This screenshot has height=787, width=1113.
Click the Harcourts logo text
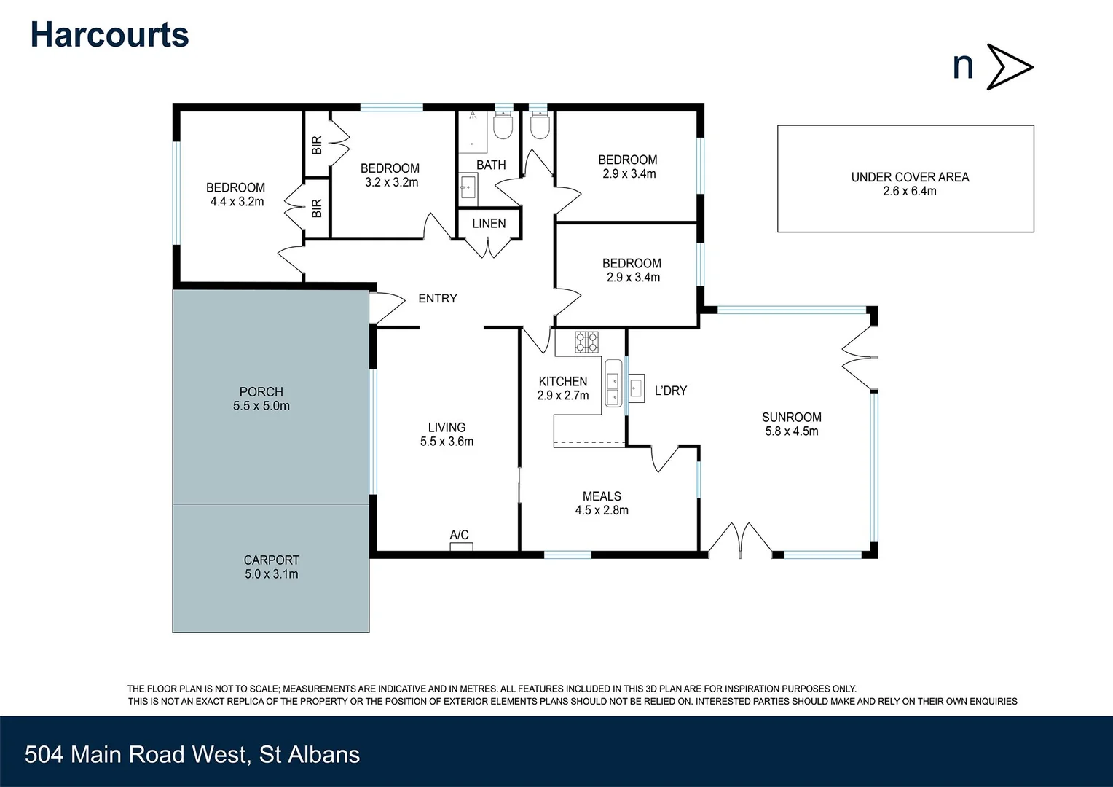pos(109,35)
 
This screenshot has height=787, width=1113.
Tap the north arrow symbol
pos(1009,67)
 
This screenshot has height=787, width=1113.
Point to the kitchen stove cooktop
pos(586,342)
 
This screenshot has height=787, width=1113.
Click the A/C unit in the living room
pos(461,546)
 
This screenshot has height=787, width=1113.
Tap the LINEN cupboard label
pos(489,224)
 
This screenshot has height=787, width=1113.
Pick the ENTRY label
pos(438,299)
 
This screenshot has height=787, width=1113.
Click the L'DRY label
pos(670,391)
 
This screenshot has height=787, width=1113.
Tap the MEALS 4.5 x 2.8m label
pos(602,504)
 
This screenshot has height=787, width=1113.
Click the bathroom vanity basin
pos(468,189)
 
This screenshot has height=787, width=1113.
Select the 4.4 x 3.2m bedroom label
pos(236,195)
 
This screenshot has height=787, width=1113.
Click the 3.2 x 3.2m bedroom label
pos(390,176)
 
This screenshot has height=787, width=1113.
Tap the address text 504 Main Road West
pos(192,754)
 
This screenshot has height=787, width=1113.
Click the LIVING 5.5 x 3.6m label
pos(447,434)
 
